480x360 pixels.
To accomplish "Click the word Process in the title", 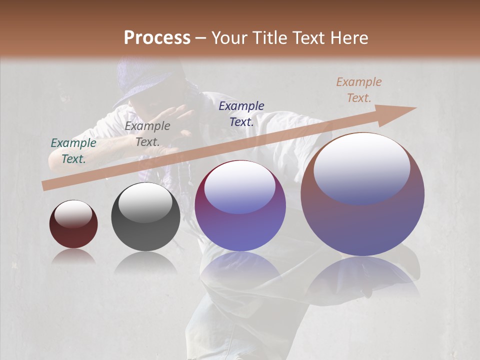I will pyautogui.click(x=157, y=38).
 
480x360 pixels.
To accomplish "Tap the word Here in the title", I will pyautogui.click(x=349, y=38).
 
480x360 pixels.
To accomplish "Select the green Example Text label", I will pyautogui.click(x=73, y=150).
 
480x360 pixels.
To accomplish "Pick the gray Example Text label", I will pyautogui.click(x=147, y=133).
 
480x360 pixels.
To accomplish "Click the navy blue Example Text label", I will pyautogui.click(x=241, y=113).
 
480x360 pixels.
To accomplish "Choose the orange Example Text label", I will pyautogui.click(x=359, y=90).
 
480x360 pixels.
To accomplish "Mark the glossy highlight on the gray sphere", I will pyautogui.click(x=145, y=202).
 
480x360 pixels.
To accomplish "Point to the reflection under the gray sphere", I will pyautogui.click(x=145, y=262).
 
